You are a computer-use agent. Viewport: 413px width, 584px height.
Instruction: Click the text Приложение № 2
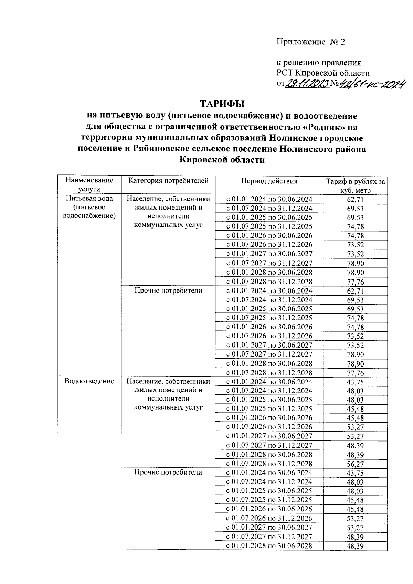[x=310, y=42]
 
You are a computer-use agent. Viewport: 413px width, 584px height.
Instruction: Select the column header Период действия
[x=269, y=181]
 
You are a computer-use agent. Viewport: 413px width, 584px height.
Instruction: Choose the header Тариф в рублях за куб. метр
[x=356, y=186]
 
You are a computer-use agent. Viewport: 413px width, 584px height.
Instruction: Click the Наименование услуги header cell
[x=89, y=184]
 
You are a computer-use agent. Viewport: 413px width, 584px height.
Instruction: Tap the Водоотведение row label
[x=89, y=381]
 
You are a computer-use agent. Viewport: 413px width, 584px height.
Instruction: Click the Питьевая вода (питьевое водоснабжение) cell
[x=89, y=207]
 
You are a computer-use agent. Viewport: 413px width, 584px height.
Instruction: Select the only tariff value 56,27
[x=356, y=464]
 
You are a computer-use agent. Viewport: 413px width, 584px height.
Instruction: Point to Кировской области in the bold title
[x=222, y=160]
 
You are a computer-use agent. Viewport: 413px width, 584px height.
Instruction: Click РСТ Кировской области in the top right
[x=323, y=73]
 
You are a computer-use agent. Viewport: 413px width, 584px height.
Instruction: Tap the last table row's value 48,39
[x=356, y=546]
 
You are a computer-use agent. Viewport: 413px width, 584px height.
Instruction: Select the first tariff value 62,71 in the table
[x=356, y=200]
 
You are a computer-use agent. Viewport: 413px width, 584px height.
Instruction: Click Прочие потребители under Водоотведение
[x=168, y=472]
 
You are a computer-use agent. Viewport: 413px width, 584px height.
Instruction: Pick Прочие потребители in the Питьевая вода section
[x=168, y=290]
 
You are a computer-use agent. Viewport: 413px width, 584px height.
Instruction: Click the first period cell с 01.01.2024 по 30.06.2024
[x=269, y=199]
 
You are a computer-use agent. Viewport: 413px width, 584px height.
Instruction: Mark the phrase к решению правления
[x=319, y=63]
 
